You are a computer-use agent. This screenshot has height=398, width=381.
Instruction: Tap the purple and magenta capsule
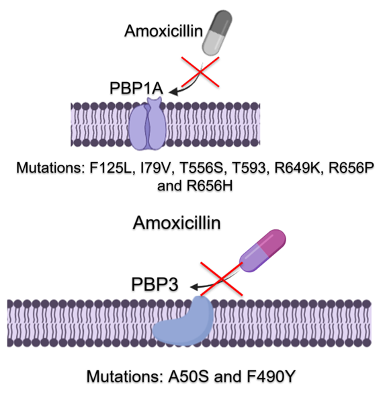(263, 251)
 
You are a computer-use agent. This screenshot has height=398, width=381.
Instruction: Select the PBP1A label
(138, 88)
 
